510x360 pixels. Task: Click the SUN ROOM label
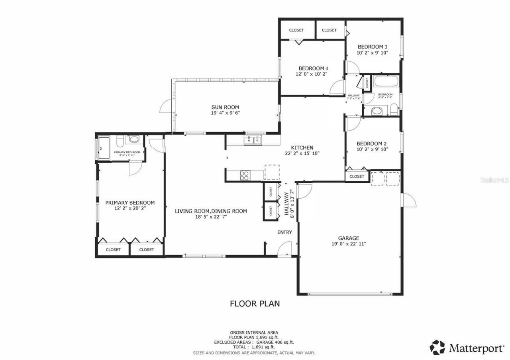pyautogui.click(x=225, y=107)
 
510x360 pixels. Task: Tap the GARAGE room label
pyautogui.click(x=349, y=238)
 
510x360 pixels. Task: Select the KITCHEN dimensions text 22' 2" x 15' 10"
pyautogui.click(x=302, y=153)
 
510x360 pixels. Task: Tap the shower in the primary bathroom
pyautogui.click(x=104, y=148)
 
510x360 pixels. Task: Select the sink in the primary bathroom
pyautogui.click(x=134, y=140)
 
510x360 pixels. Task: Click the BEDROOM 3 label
pyautogui.click(x=373, y=46)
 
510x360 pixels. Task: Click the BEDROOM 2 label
pyautogui.click(x=371, y=143)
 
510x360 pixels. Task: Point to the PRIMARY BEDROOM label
pyautogui.click(x=130, y=202)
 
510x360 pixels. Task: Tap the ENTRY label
pyautogui.click(x=284, y=232)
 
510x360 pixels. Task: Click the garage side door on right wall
pyautogui.click(x=409, y=200)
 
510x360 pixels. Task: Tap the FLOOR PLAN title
pyautogui.click(x=255, y=303)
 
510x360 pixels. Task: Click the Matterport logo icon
pyautogui.click(x=437, y=347)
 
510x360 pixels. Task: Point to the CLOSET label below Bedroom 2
pyautogui.click(x=357, y=176)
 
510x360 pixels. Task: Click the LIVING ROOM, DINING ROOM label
pyautogui.click(x=211, y=211)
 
